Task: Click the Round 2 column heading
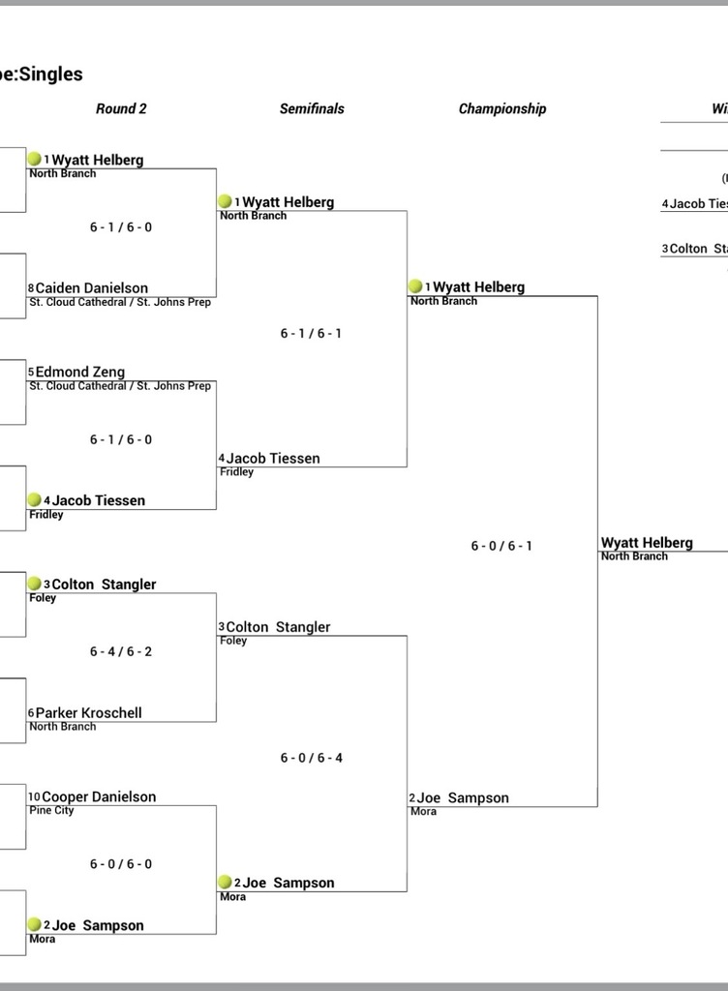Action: [121, 108]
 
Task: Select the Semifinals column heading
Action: [312, 108]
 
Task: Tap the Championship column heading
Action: [502, 108]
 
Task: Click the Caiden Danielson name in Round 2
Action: [92, 288]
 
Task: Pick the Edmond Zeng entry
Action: [80, 372]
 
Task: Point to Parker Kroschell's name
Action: [88, 713]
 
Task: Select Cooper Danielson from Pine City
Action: [99, 797]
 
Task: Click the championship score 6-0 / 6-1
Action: [501, 546]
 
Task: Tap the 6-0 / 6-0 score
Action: [121, 864]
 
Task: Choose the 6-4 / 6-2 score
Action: [121, 651]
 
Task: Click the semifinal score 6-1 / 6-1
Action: [311, 333]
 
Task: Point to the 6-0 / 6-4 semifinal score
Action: [312, 758]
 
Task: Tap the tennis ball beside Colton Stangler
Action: [35, 583]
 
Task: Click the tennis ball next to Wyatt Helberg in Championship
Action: [415, 286]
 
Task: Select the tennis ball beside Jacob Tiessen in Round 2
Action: [35, 500]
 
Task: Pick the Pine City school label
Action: [51, 810]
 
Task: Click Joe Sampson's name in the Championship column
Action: [463, 798]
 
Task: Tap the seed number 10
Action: [34, 797]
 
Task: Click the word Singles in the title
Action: [51, 74]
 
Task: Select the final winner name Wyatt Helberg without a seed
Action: [647, 543]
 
